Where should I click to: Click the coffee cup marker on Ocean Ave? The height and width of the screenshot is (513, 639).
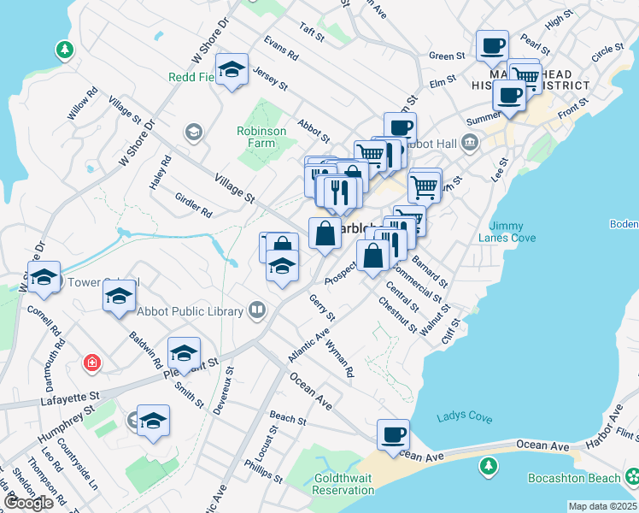pyautogui.click(x=393, y=433)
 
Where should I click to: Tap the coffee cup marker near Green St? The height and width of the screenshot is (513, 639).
pyautogui.click(x=492, y=45)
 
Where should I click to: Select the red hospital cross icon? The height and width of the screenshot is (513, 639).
pyautogui.click(x=91, y=363)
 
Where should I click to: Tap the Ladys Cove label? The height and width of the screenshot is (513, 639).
pyautogui.click(x=464, y=417)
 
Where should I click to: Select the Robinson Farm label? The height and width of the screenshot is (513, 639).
pyautogui.click(x=261, y=137)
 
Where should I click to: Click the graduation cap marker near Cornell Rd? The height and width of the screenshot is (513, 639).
pyautogui.click(x=44, y=276)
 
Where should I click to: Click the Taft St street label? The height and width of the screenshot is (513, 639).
pyautogui.click(x=312, y=32)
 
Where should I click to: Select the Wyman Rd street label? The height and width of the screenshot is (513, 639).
pyautogui.click(x=339, y=359)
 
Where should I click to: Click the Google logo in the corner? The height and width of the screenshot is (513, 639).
pyautogui.click(x=28, y=503)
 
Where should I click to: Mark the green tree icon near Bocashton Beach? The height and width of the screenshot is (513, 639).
pyautogui.click(x=488, y=466)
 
